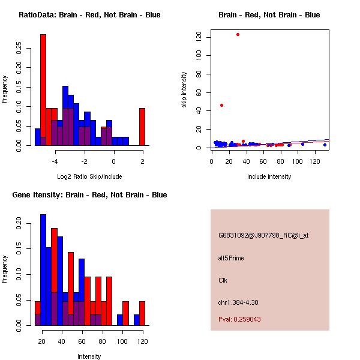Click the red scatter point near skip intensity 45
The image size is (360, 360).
222,105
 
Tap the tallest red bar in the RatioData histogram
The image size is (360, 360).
43,90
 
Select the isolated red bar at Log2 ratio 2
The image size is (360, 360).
142,127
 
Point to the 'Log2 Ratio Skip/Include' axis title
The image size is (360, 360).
89,176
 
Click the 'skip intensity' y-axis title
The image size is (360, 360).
185,90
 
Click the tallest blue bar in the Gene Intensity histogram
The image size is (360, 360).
43,270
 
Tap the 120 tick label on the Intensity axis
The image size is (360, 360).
142,341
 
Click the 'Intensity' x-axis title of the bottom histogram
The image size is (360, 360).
89,356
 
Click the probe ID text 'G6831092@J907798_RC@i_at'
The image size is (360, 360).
263,236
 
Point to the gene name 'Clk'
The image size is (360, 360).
223,280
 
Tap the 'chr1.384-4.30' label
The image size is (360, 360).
238,302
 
